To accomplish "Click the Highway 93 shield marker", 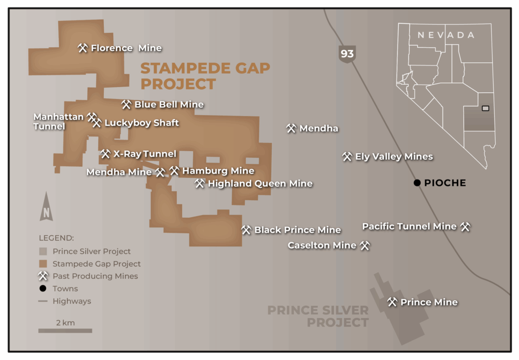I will point(347,54).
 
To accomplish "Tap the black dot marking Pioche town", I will point(417,183).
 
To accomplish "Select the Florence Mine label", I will point(126,48).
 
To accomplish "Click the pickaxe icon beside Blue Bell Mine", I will point(126,104).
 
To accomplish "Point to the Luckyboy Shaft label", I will point(141,123).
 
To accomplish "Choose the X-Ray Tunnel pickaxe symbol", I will point(105,154).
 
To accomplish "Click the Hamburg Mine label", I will point(218,171).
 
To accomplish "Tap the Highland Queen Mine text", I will point(260,184).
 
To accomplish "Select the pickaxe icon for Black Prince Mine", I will point(246,230).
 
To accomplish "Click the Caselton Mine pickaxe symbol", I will point(365,246).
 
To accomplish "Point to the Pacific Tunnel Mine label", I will point(409,227).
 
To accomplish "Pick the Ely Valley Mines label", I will point(394,157).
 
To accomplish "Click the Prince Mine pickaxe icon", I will point(392,302).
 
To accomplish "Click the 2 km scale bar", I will point(65,331).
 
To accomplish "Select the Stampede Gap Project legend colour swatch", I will point(43,264).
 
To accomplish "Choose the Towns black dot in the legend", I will point(43,289).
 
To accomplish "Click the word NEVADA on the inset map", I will point(446,35).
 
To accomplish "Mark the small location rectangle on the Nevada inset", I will point(485,108).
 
